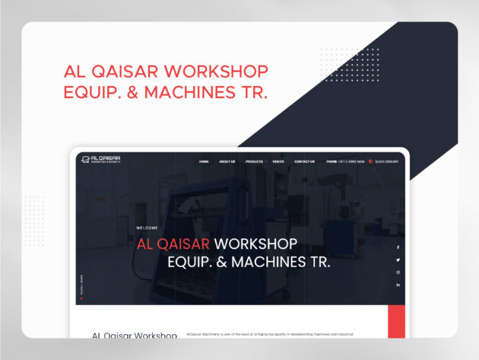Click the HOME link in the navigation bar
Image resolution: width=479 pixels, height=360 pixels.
point(204,162)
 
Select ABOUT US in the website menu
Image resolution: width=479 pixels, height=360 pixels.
point(227,162)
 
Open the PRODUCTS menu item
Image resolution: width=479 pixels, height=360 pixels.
point(255,162)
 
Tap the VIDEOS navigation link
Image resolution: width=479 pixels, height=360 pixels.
point(278,162)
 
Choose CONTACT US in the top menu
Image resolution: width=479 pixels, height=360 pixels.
point(305,162)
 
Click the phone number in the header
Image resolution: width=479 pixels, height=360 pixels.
point(346,162)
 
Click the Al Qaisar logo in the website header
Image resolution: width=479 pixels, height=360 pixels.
point(101,159)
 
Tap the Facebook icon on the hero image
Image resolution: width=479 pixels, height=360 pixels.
point(398,247)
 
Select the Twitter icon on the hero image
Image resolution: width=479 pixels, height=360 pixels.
point(398,260)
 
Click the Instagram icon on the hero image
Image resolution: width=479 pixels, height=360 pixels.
point(398,272)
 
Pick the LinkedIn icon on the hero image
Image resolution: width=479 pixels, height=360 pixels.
point(398,284)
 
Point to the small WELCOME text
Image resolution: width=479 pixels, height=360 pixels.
point(148,228)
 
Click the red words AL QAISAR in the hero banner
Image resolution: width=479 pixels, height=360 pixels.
point(173,245)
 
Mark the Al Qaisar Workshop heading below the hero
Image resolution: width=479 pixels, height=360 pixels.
point(135,335)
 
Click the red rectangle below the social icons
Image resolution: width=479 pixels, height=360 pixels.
point(396,322)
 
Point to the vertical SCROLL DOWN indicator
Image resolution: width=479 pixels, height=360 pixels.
point(81,285)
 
